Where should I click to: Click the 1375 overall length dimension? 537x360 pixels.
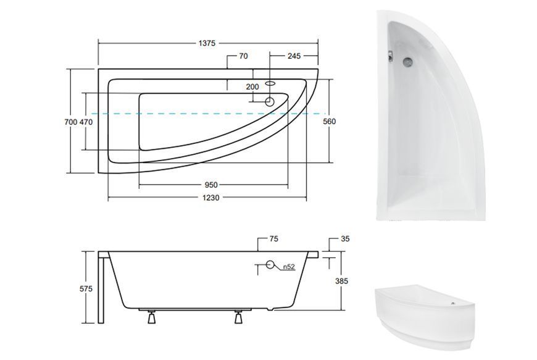207,43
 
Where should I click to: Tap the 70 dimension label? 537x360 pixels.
243,56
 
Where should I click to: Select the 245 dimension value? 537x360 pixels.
294,56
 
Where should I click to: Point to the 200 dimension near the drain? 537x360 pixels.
252,86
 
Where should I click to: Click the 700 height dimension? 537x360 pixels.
70,122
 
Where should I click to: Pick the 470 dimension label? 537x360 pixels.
86,122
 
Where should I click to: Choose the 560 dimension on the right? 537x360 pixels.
330,121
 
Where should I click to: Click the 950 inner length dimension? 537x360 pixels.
211,185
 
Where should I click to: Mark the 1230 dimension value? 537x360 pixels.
210,198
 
